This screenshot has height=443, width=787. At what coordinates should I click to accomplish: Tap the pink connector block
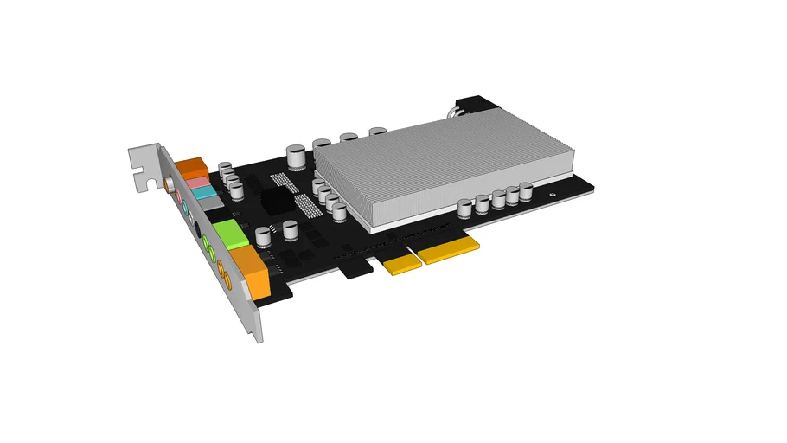[x=199, y=183]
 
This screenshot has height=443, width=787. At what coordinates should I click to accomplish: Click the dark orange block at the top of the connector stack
[x=190, y=167]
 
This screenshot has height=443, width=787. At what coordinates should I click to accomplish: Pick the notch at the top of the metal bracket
[x=138, y=182]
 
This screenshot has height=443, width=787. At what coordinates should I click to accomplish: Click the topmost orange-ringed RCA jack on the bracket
[x=167, y=184]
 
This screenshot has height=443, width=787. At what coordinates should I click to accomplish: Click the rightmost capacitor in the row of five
[x=524, y=193]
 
